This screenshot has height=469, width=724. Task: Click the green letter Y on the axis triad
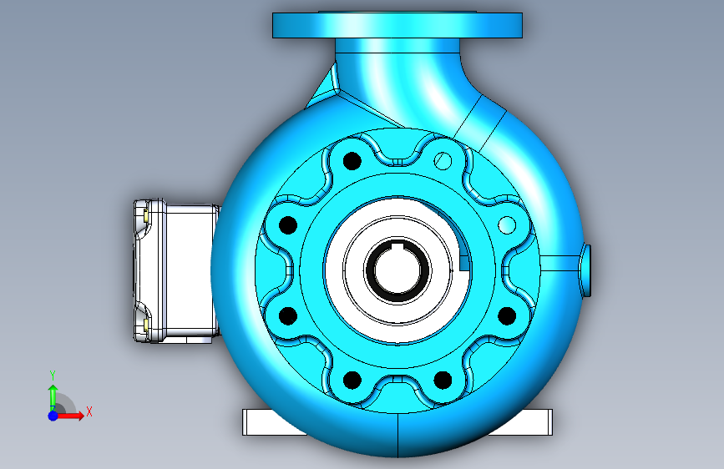(x=53, y=376)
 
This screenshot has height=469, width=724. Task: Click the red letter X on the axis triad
(x=89, y=411)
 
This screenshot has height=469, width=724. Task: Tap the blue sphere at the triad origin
(x=53, y=416)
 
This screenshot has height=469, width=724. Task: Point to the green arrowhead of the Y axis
(x=53, y=390)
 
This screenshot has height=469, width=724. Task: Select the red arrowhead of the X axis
(x=79, y=416)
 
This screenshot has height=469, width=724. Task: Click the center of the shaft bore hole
(x=397, y=270)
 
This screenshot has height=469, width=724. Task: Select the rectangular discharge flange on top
(x=397, y=25)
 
